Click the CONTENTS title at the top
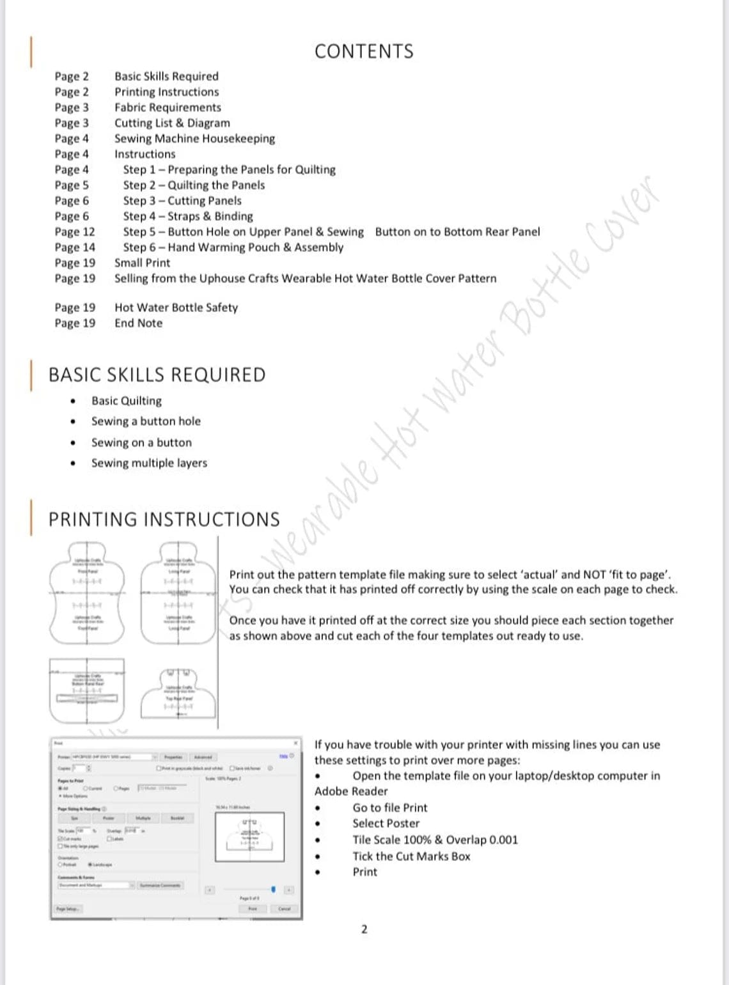click(x=364, y=51)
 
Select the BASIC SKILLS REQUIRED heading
click(x=157, y=375)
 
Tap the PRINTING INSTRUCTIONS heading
click(x=164, y=519)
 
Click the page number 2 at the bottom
click(x=364, y=929)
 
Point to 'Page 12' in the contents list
click(x=75, y=232)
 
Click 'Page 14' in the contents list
click(x=75, y=247)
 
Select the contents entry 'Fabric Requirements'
click(x=168, y=107)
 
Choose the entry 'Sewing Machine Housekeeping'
click(x=194, y=139)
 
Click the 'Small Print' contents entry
click(x=142, y=263)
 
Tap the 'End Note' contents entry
click(x=138, y=323)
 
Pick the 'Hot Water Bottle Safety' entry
click(x=176, y=307)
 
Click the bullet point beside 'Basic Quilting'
click(x=74, y=401)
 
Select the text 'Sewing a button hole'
click(x=146, y=421)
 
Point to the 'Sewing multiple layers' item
click(x=149, y=463)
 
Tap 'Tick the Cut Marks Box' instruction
click(x=411, y=857)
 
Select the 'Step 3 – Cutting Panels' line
click(x=182, y=201)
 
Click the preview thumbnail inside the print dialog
click(x=250, y=837)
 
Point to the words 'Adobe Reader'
click(x=351, y=791)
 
